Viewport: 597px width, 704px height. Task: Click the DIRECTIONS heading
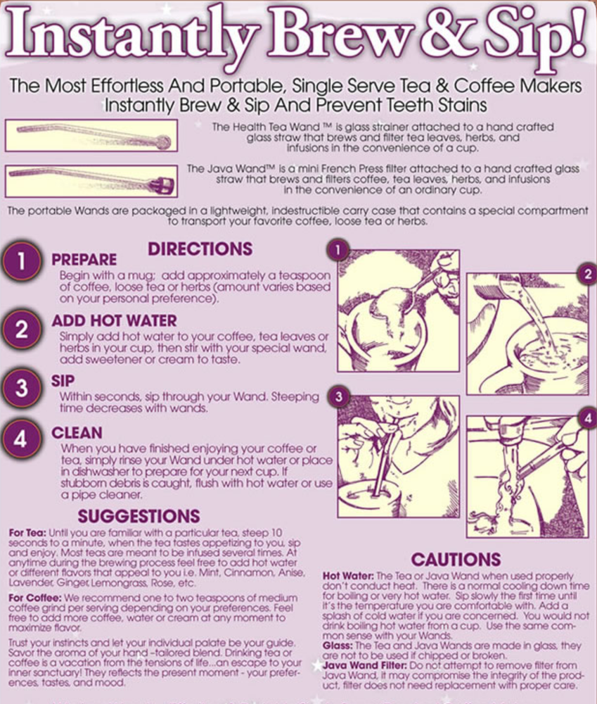coord(200,249)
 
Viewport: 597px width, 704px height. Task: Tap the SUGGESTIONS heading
coord(139,516)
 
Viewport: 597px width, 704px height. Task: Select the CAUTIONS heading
coord(456,560)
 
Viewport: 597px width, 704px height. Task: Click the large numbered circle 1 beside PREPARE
coord(21,261)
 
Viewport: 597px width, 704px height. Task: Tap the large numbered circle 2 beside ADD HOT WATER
coord(21,329)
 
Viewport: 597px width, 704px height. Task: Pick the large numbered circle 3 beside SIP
coord(21,388)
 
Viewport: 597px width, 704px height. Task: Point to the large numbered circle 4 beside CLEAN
coord(21,439)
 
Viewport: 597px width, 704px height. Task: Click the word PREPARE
coord(84,260)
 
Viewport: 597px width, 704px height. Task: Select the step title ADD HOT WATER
coord(115,320)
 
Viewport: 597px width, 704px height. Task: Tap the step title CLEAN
coord(77,433)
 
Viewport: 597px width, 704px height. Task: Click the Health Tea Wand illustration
coord(91,135)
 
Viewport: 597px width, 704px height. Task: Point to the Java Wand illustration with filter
coord(91,181)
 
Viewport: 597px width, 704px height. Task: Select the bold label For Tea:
coord(27,533)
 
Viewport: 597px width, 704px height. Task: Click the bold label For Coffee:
coord(35,598)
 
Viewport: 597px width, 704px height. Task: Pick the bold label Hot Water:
coord(348,576)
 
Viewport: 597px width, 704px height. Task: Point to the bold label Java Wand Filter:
coord(365,665)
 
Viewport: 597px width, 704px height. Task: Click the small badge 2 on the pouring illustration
coord(588,273)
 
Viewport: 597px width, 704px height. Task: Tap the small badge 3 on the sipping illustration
coord(338,396)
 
